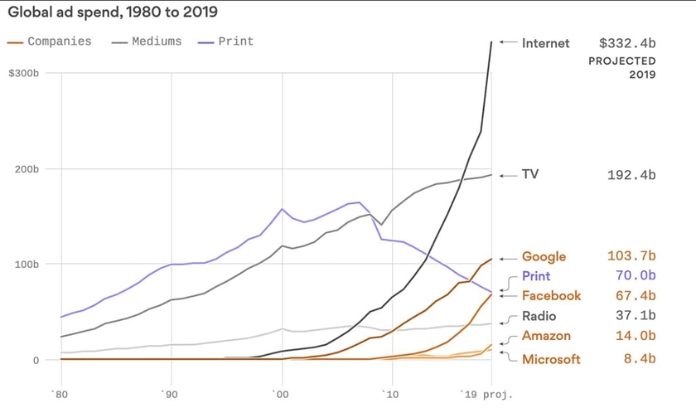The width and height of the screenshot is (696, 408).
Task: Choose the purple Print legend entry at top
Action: (235, 41)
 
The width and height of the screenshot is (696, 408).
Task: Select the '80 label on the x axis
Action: (58, 393)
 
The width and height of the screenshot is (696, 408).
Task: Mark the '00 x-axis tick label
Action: (281, 393)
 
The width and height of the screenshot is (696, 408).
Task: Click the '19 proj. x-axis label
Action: (487, 393)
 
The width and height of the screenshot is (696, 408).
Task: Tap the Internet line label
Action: (545, 42)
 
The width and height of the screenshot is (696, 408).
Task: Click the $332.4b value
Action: (627, 42)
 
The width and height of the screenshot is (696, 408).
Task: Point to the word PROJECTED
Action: (622, 61)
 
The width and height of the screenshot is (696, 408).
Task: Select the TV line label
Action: (531, 175)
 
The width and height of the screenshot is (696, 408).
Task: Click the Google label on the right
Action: (544, 257)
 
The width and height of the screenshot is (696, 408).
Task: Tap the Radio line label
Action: (539, 316)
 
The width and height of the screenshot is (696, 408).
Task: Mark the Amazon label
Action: (546, 336)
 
